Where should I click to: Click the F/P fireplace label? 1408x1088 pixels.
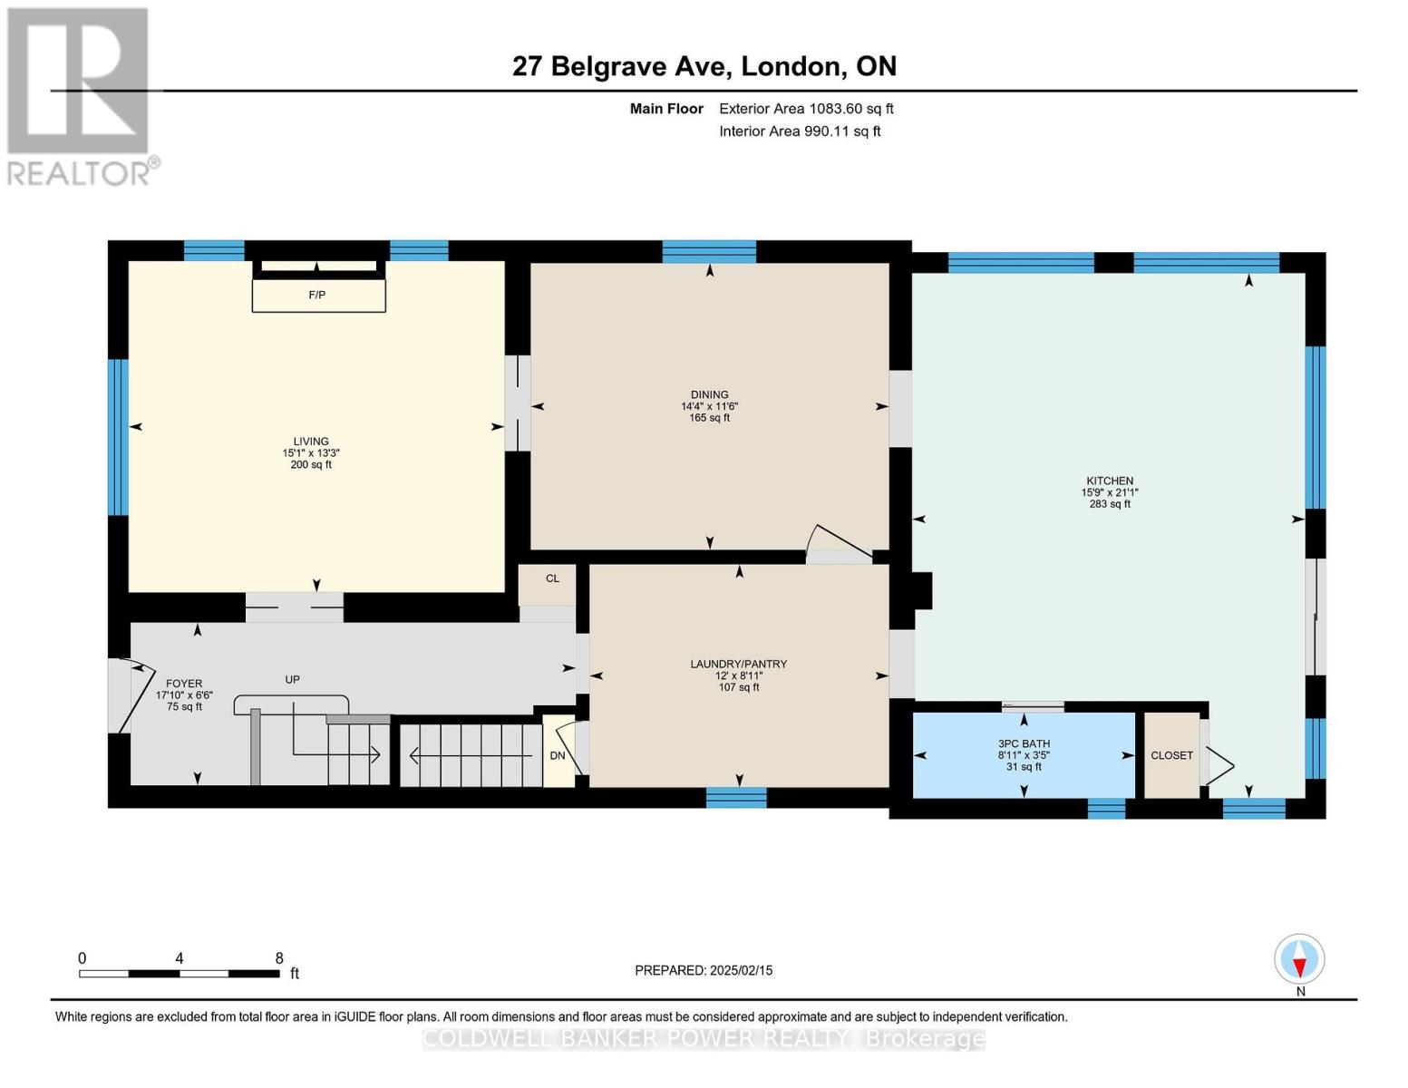point(316,296)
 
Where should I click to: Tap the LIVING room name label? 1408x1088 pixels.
point(310,442)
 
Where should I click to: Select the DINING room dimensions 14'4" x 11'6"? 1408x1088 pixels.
point(709,406)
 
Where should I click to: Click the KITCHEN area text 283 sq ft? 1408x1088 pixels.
point(1110,504)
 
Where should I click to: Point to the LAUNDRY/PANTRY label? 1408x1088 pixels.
point(738,664)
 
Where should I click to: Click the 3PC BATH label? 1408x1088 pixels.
point(1024,743)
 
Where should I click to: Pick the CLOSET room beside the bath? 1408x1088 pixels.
point(1171,755)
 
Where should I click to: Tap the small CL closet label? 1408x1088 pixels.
point(552,578)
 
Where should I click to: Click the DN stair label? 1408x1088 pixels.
point(558,756)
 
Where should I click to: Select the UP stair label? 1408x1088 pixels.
point(292,679)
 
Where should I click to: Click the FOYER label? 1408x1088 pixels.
point(184,684)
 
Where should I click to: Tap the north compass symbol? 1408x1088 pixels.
point(1299,959)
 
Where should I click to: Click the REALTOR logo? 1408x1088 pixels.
point(80,96)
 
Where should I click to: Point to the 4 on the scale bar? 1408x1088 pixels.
point(180,958)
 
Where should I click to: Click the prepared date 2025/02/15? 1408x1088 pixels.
point(704,970)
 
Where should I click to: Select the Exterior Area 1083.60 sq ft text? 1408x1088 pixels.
point(806,109)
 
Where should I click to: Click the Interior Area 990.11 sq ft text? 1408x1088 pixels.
point(800,131)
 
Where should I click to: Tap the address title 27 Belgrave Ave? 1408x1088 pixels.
point(622,66)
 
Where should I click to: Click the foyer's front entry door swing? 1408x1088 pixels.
point(127,696)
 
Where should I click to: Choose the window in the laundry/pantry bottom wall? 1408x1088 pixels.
point(736,798)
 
